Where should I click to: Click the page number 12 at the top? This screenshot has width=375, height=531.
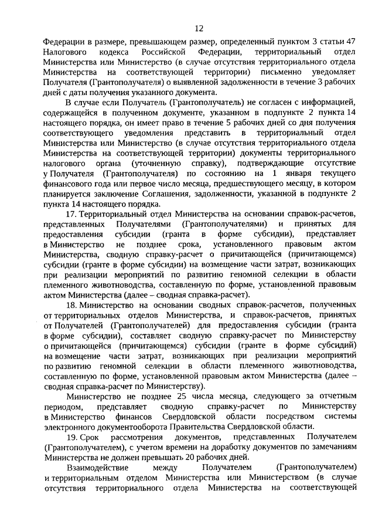click(x=199, y=27)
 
